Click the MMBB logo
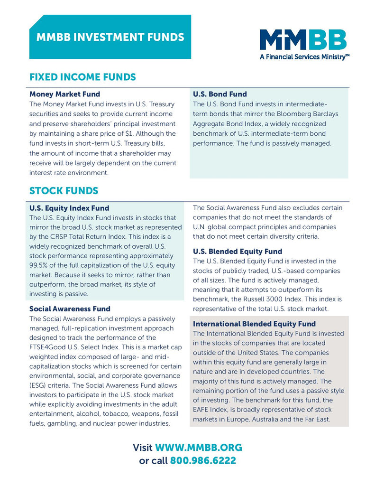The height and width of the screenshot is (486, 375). point(303,40)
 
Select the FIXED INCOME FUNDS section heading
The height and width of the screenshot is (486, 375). point(82,77)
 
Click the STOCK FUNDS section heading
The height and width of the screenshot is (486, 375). point(64,191)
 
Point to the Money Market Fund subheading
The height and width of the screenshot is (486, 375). point(64,94)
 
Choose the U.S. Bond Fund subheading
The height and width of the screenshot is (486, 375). point(220,94)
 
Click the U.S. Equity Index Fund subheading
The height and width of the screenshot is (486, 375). point(69,208)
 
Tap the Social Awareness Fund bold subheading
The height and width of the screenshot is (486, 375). point(70,309)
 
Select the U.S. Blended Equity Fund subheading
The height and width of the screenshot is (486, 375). point(238,251)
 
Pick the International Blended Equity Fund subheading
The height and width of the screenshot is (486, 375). point(254,324)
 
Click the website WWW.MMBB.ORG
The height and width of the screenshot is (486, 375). point(199,448)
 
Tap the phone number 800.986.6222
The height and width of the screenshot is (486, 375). point(203,460)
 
